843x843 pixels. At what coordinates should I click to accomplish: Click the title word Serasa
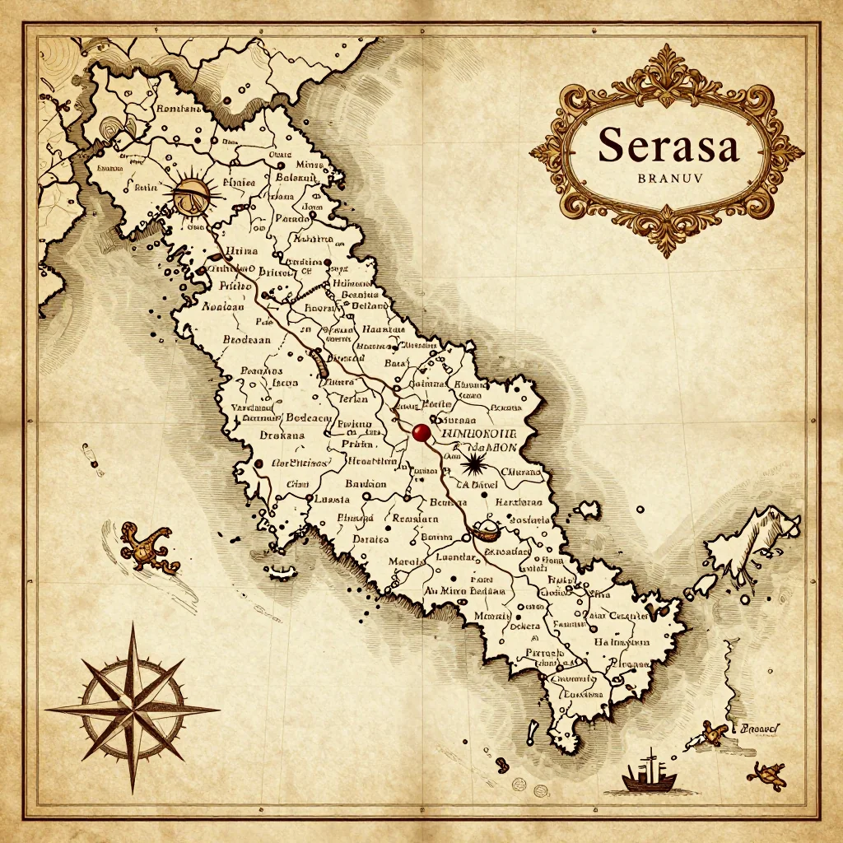click(668, 145)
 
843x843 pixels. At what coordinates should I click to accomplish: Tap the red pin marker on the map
click(421, 432)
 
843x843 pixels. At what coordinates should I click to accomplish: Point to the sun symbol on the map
click(194, 197)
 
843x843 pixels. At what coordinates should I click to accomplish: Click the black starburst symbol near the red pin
click(473, 466)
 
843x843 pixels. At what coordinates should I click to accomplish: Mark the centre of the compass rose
click(133, 709)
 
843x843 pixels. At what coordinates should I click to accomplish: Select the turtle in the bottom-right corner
click(766, 773)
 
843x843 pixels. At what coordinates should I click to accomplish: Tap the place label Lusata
click(333, 500)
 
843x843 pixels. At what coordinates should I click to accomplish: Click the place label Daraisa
click(370, 540)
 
